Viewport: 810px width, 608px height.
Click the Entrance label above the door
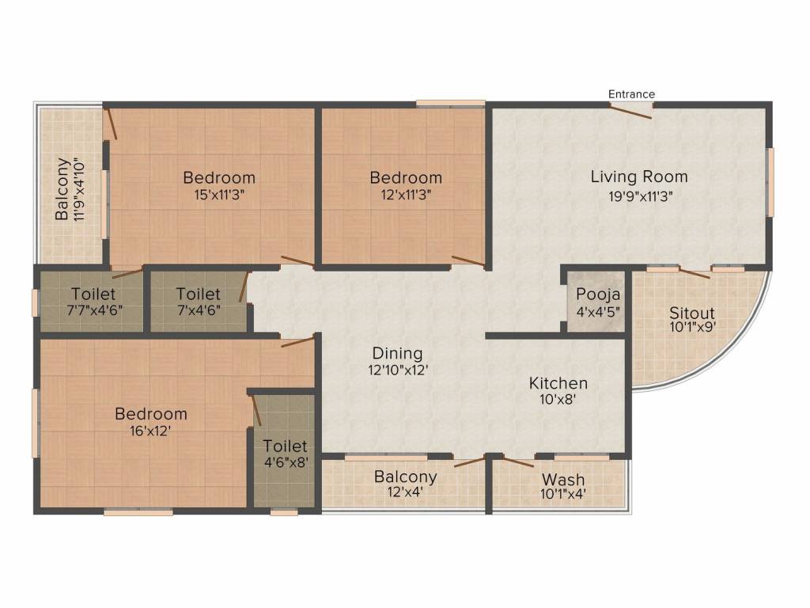[x=631, y=94]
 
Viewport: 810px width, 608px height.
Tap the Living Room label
[x=639, y=177]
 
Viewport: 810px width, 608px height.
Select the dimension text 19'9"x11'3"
[x=641, y=196]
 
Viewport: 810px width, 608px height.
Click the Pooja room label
[x=598, y=294]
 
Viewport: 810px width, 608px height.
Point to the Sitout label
[x=692, y=313]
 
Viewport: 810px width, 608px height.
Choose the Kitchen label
[x=558, y=383]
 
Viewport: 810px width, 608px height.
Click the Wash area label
[x=563, y=479]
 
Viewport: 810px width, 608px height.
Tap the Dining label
[x=398, y=354]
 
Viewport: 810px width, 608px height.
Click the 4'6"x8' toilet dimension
[x=286, y=462]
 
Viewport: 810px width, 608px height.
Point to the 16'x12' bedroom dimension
[x=150, y=430]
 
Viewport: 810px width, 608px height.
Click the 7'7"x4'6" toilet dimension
[x=95, y=310]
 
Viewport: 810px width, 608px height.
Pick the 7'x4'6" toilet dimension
[x=199, y=310]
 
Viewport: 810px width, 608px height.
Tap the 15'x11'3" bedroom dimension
[x=219, y=195]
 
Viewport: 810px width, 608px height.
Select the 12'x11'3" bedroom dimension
[x=406, y=195]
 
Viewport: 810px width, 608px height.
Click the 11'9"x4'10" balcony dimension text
[x=79, y=190]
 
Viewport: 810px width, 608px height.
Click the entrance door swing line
[x=630, y=112]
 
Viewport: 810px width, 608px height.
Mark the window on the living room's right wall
[x=770, y=182]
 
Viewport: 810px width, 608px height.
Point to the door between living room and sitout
[x=695, y=273]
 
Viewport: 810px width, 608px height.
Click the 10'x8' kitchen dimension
[x=558, y=399]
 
